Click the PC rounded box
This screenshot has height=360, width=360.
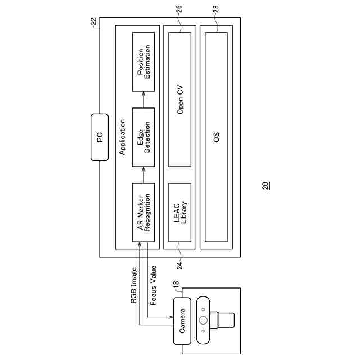tap(99, 137)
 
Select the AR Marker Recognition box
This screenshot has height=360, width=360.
tap(143, 212)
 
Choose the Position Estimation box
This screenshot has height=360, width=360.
tap(143, 62)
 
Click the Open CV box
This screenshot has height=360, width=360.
tap(180, 99)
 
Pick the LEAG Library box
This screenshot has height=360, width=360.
tap(180, 212)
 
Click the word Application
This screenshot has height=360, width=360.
tap(123, 137)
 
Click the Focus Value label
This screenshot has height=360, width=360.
tap(153, 285)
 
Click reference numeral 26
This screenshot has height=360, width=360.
tap(179, 9)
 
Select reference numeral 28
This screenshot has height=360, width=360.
tap(217, 9)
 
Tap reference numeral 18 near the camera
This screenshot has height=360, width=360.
tap(176, 285)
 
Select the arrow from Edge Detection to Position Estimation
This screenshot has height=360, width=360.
tap(143, 100)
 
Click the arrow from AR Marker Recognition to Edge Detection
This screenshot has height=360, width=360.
tap(143, 175)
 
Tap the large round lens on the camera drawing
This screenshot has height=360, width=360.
tap(203, 321)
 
